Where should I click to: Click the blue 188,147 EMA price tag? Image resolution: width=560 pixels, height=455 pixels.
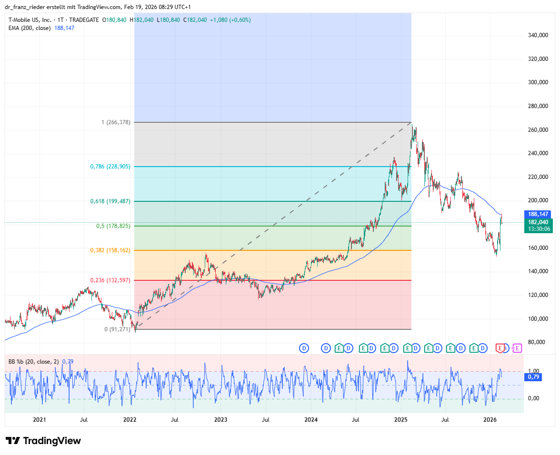(538, 214)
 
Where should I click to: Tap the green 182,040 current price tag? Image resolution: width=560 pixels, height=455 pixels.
(538, 226)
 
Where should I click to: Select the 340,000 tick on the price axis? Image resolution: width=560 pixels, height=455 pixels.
(538, 35)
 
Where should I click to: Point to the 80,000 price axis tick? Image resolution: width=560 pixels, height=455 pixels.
(537, 342)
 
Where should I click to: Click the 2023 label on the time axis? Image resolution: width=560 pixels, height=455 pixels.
(220, 420)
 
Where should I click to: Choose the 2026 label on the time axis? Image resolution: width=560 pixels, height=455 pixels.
(490, 420)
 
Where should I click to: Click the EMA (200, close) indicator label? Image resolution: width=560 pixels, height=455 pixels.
(30, 28)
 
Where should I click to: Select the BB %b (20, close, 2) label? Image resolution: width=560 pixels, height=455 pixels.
(33, 362)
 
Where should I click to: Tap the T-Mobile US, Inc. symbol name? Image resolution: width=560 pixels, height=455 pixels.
(30, 20)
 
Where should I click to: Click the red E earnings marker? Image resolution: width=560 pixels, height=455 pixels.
(500, 348)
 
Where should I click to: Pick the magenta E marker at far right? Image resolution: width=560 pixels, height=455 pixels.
(517, 348)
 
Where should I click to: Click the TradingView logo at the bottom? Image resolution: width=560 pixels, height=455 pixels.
(43, 441)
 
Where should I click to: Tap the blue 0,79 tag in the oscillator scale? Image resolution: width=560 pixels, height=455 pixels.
(533, 377)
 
